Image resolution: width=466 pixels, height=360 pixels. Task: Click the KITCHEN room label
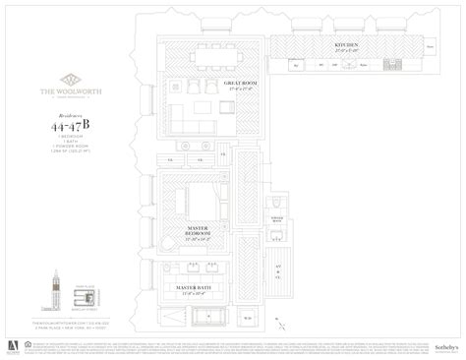point(344,46)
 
